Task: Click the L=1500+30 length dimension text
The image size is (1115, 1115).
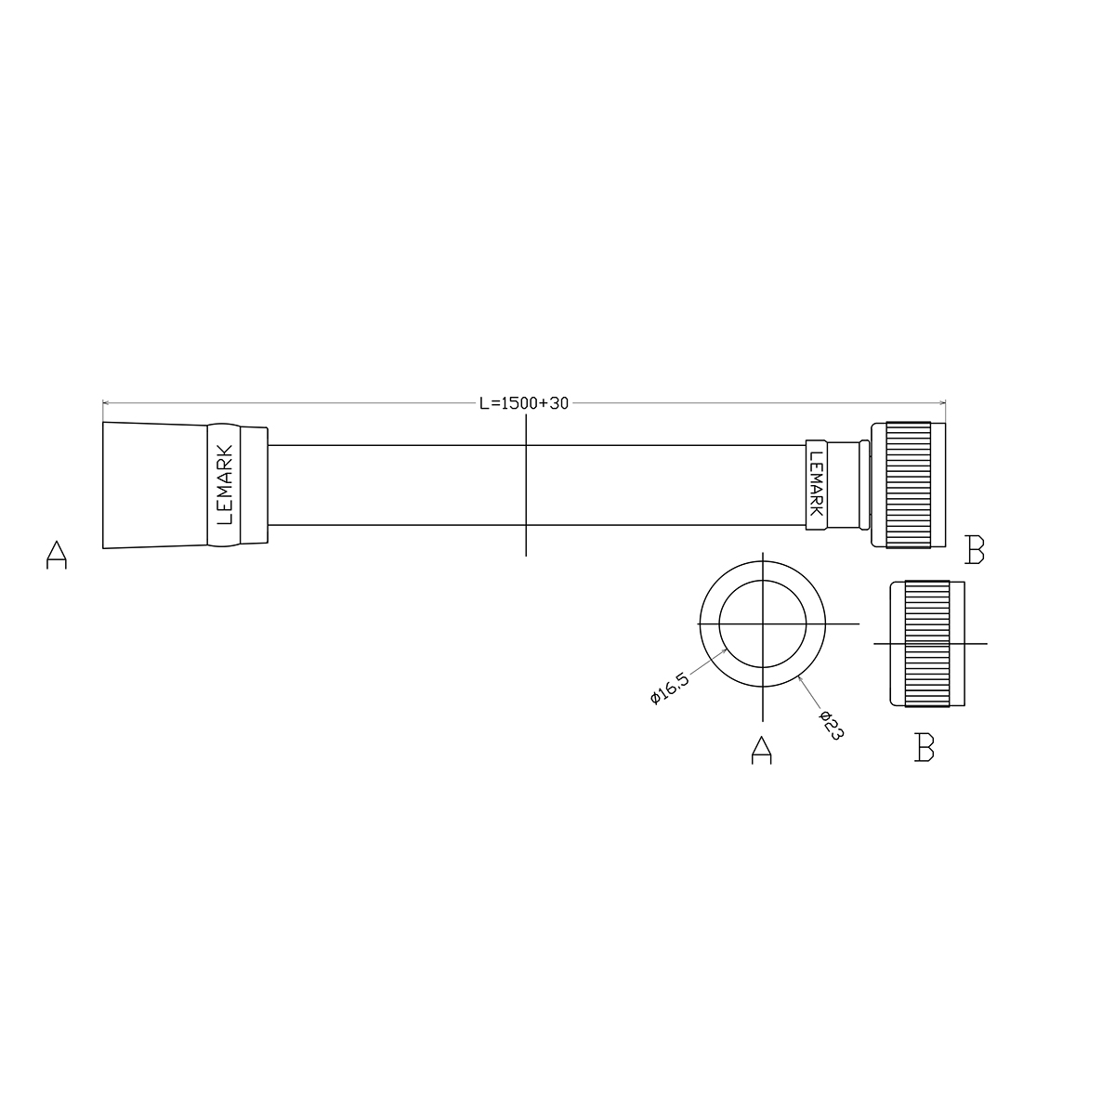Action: pos(524,403)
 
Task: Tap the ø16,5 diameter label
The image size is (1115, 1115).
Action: pos(669,688)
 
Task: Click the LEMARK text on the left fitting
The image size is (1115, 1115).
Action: pos(224,484)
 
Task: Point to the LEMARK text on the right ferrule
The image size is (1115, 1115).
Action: pos(816,484)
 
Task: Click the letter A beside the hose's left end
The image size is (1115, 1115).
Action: pos(57,555)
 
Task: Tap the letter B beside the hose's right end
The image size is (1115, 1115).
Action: pos(975,550)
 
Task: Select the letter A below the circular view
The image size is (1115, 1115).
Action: pos(762,751)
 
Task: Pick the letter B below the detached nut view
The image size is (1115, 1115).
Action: pos(925,747)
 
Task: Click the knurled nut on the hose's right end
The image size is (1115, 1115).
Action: pos(908,485)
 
